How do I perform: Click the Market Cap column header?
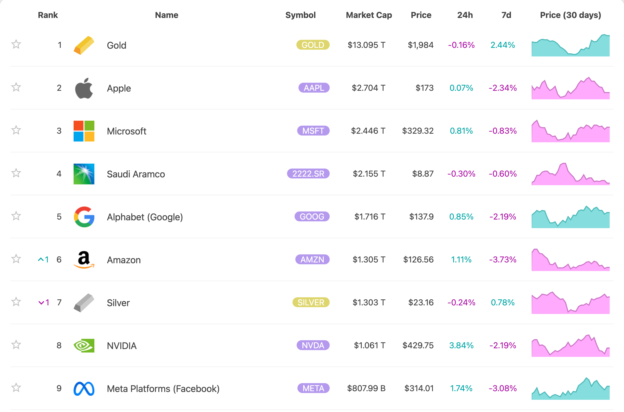tap(369, 15)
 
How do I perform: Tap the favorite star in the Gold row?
tap(16, 44)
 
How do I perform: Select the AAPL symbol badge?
tap(314, 88)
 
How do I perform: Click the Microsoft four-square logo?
tap(84, 131)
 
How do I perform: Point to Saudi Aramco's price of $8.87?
tap(422, 174)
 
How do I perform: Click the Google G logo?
tap(84, 217)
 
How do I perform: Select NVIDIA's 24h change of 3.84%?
tap(461, 345)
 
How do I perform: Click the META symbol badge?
tap(313, 388)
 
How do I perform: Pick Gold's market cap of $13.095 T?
tap(366, 45)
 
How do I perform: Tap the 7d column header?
tap(506, 15)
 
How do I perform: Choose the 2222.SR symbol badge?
tap(308, 174)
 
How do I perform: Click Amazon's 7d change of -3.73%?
tap(503, 260)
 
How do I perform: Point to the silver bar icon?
tap(84, 303)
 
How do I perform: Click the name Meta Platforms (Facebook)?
tap(163, 389)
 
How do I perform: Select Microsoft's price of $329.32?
tap(418, 131)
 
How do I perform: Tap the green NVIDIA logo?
tap(84, 345)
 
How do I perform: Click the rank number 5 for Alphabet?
tap(59, 217)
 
